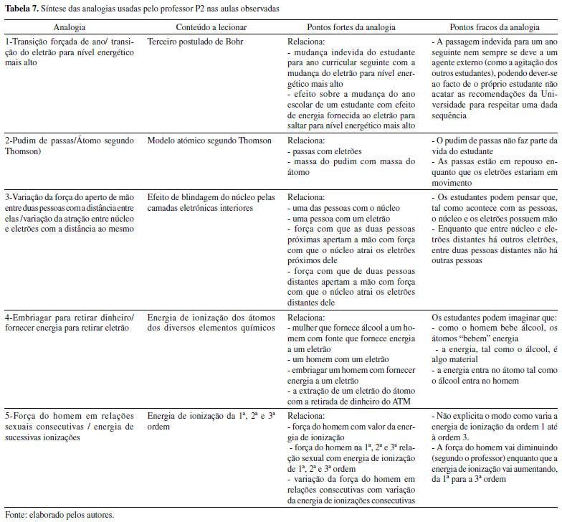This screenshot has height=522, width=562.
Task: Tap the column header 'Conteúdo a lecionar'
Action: click(212, 27)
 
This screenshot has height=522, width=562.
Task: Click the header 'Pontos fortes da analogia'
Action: click(354, 27)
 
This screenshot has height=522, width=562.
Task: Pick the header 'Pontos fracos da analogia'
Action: click(494, 27)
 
